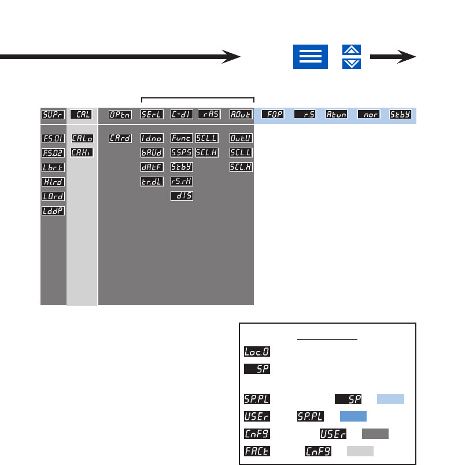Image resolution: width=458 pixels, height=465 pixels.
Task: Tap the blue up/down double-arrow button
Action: tap(352, 57)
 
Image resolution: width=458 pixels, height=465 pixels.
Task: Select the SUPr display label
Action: tap(53, 115)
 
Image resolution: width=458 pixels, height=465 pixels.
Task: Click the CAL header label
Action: tap(82, 115)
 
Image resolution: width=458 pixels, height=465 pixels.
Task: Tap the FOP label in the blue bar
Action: tap(272, 115)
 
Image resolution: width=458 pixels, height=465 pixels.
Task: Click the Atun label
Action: tap(337, 115)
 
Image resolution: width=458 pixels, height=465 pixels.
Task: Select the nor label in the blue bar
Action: tap(368, 115)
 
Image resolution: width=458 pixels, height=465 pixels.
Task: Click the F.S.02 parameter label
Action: tap(53, 153)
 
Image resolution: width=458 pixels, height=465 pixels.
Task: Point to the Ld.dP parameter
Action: tap(53, 211)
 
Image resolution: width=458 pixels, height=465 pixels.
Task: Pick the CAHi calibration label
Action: tap(82, 153)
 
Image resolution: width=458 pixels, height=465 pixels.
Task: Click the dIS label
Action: tap(182, 196)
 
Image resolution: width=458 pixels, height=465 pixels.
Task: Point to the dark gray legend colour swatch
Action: tap(375, 434)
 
